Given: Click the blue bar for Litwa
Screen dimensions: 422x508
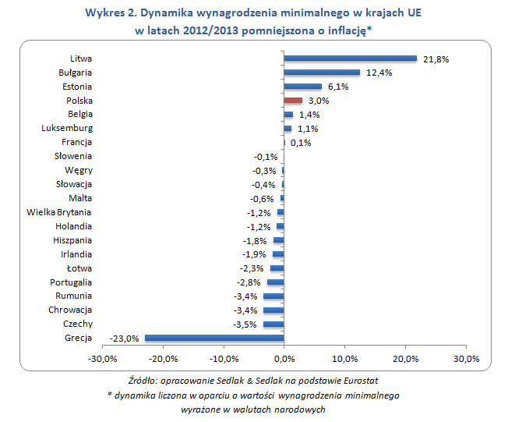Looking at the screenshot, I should point(351,58).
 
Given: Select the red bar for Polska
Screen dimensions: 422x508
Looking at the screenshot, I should point(293,100).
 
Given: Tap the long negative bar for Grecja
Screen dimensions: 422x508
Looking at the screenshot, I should point(214,338).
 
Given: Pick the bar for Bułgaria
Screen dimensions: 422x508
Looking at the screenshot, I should point(322,72).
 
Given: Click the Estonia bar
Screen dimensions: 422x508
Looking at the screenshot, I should point(302,86).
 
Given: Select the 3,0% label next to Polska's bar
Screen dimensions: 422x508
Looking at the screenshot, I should point(318,101).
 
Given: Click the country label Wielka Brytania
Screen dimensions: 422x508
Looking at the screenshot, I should point(59,212).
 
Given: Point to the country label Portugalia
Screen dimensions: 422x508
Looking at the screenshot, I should point(71,282).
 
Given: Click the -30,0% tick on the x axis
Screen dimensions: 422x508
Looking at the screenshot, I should point(103,359).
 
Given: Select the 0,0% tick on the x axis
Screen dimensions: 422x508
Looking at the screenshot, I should point(284,359).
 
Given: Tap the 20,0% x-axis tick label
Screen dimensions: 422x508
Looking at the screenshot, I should point(405,359).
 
